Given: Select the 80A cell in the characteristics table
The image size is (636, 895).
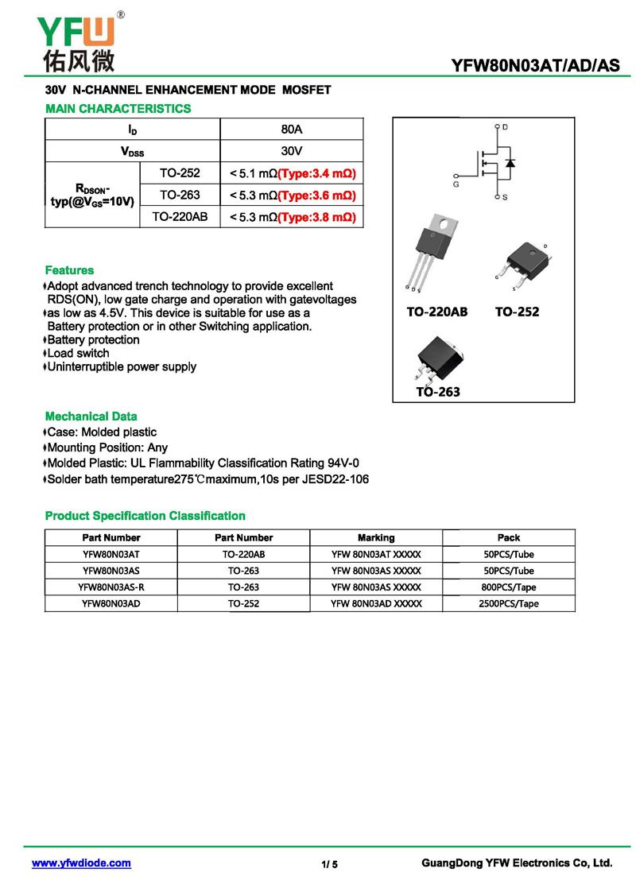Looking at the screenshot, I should (x=292, y=129).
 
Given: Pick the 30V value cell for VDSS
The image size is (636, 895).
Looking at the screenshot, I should (x=292, y=150).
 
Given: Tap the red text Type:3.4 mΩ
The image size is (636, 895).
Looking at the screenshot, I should (x=316, y=173).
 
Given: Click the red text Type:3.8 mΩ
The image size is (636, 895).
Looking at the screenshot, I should (x=316, y=216).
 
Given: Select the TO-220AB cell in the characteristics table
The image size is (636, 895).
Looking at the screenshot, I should (x=180, y=216).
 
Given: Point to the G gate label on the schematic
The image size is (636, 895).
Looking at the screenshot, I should (x=456, y=183).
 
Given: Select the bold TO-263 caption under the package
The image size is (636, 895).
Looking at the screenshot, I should (x=438, y=391).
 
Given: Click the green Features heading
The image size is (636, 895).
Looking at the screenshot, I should (x=69, y=270).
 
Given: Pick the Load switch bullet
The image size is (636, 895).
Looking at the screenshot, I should (x=78, y=353).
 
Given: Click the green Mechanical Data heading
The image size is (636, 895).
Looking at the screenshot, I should (x=91, y=417).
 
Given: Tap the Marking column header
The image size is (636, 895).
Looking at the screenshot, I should (x=376, y=537).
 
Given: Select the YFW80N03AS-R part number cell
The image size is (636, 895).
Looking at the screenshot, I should (x=111, y=587).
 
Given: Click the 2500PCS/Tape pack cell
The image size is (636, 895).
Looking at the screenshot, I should (x=508, y=603).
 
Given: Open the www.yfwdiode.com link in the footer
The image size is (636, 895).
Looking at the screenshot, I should (x=81, y=863).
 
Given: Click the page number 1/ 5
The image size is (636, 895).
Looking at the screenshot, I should (x=330, y=865).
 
